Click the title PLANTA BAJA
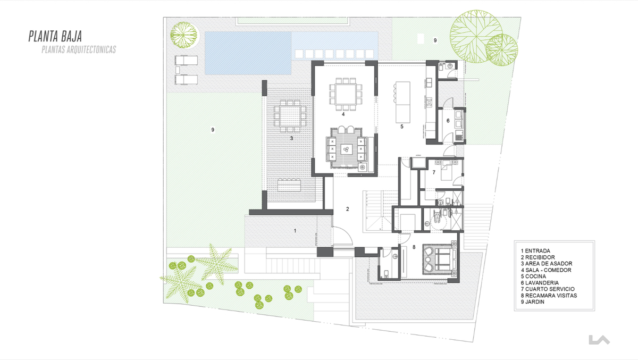pos(55,37)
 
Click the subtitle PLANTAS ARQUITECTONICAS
pos(79,49)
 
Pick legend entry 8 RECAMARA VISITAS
pos(549,296)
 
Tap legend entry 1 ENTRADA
pos(535,251)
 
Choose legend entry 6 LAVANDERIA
pos(540,283)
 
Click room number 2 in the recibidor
pos(348,209)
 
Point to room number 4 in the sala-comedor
pos(343,114)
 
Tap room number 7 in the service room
pos(434,172)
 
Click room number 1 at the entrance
pos(295,231)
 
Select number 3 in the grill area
pos(291,138)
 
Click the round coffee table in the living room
pos(346,149)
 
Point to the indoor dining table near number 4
pos(346,94)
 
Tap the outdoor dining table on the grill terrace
pos(290,116)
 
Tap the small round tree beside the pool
pos(184,35)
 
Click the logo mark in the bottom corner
pos(599,340)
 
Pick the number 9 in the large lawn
pos(213,130)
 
